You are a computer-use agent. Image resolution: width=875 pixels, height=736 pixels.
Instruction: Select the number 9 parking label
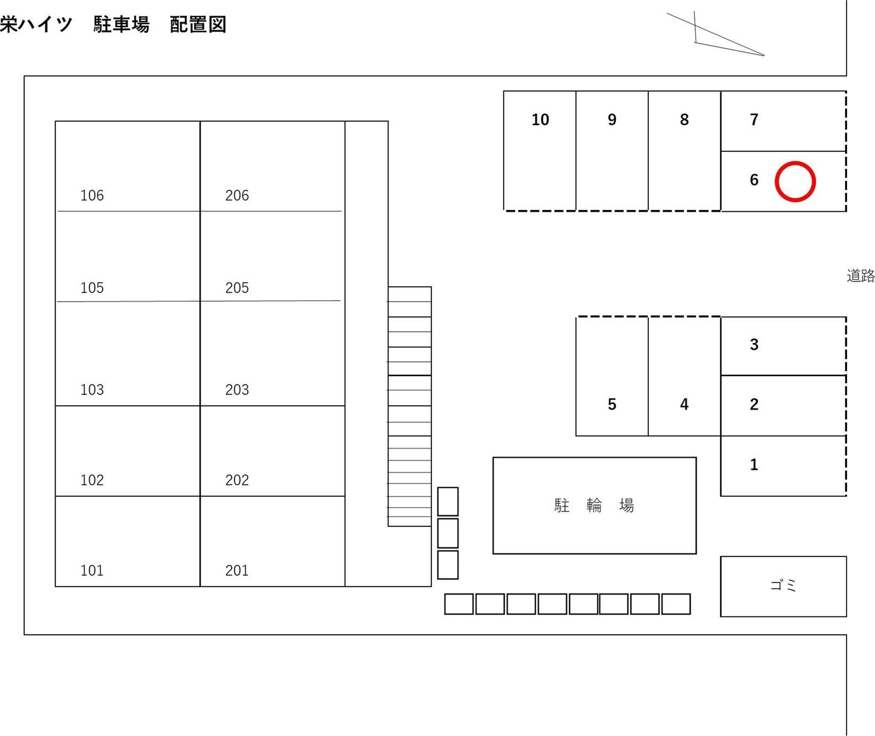point(612,120)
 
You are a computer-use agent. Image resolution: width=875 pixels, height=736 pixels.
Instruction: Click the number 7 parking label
point(754,120)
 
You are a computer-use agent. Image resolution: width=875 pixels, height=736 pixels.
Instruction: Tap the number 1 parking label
point(754,464)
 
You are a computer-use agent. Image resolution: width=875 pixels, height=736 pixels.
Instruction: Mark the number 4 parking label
point(684,404)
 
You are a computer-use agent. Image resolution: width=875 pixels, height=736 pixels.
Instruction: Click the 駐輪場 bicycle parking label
point(594,505)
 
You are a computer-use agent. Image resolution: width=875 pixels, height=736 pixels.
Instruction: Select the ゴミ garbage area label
point(783,585)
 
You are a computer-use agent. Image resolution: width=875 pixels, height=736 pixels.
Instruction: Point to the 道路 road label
point(861,276)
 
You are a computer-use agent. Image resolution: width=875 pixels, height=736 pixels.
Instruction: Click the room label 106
point(92,196)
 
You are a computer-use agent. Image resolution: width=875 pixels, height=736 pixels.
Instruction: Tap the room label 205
point(237,288)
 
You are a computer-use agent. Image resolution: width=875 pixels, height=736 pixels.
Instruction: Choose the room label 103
point(92,390)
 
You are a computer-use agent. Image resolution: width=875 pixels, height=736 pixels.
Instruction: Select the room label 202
point(237,480)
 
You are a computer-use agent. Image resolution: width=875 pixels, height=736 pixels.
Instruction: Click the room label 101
point(92,570)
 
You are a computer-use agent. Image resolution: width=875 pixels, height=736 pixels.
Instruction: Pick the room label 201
point(237,570)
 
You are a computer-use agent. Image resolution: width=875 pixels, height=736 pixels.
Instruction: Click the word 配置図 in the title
point(198,25)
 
